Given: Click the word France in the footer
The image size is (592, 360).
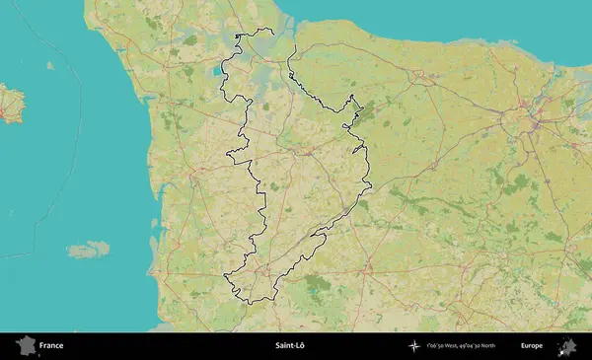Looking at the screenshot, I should [51, 346].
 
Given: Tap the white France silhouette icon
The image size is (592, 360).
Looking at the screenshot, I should [25, 345].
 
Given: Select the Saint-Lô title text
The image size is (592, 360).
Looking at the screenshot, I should [289, 346].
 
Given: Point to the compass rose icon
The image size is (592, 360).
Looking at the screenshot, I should [414, 346].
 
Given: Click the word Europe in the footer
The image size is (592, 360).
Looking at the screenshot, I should [532, 346].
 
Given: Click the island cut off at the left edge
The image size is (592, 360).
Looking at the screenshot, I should [10, 103].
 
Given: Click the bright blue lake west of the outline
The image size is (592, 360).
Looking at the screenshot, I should [215, 71].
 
